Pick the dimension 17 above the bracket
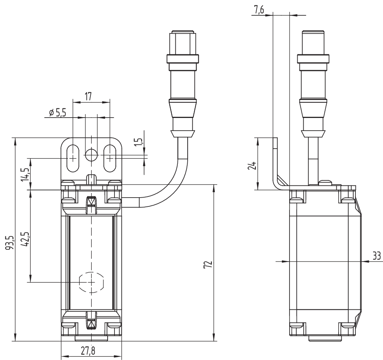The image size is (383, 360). coord(88,97)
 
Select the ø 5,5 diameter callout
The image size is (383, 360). coord(57,113)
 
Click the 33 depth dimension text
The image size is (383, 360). coord(376,255)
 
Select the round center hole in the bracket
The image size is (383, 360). coord(91,155)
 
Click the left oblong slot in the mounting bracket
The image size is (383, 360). coord(72,158)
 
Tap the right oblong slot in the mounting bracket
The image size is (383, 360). coord(110,158)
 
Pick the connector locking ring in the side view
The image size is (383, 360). coord(313,59)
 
